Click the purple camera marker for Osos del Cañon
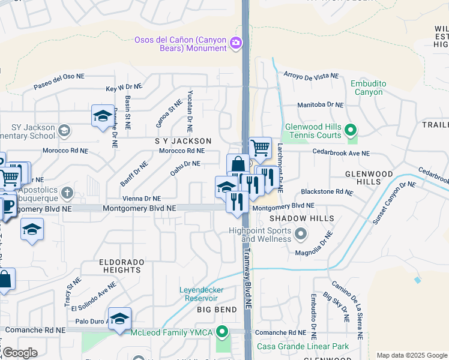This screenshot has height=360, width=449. (x=236, y=42)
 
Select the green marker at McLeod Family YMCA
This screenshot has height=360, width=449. (x=222, y=331)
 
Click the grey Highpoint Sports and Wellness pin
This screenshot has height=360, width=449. (x=301, y=233)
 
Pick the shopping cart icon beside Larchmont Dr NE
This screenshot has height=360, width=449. (x=259, y=147)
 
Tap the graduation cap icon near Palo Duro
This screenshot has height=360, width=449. (x=119, y=319)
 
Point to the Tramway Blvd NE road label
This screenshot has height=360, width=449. (x=247, y=280)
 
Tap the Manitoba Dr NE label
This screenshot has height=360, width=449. (x=321, y=104)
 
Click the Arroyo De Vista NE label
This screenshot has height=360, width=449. (x=310, y=76)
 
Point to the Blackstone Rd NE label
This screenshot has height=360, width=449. (x=327, y=193)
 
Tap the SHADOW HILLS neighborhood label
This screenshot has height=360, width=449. (x=301, y=218)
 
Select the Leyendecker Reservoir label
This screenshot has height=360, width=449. (x=198, y=294)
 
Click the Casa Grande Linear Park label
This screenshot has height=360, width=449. (x=303, y=346)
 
